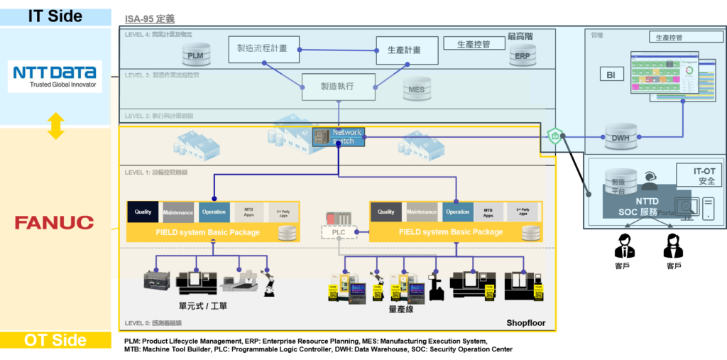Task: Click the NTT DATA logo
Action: point(55,76)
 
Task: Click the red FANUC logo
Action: point(55,223)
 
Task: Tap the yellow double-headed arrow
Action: point(56,126)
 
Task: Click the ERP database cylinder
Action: point(522,55)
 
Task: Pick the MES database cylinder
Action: point(415,89)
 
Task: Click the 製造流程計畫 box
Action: point(263,49)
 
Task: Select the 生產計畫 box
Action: point(403,50)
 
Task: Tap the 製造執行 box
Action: point(337,87)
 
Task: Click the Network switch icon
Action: point(339,136)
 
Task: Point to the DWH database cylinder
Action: point(621,137)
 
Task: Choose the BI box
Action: point(611,75)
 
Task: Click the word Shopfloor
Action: point(525,323)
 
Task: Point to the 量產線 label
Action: point(401,309)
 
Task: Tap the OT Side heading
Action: point(55,340)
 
